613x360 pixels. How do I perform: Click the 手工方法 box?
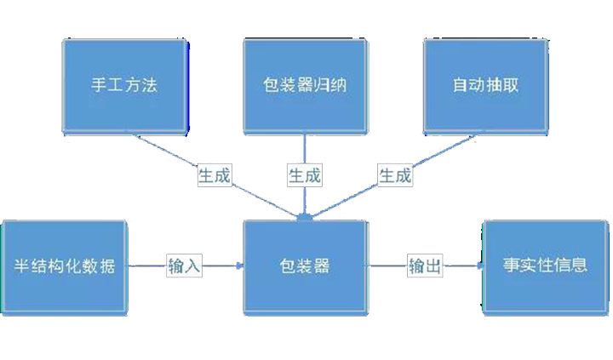coord(124,85)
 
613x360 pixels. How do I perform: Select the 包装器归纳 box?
coord(306,85)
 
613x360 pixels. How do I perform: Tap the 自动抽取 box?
coord(485,85)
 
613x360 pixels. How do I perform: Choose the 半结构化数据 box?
coord(65,266)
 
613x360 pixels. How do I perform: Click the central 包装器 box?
coord(306,266)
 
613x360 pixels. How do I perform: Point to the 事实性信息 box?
coord(546,266)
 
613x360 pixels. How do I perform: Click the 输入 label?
coord(184,266)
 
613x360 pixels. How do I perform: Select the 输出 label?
coord(425,266)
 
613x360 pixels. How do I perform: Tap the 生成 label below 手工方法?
coord(215,176)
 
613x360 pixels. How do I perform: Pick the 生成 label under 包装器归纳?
coord(304,176)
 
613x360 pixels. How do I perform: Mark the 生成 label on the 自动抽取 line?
coord(394,176)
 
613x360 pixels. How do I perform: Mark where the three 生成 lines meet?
coord(305,218)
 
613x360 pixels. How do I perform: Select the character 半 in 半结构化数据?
coord(21,266)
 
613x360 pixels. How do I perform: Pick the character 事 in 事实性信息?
coord(512,266)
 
